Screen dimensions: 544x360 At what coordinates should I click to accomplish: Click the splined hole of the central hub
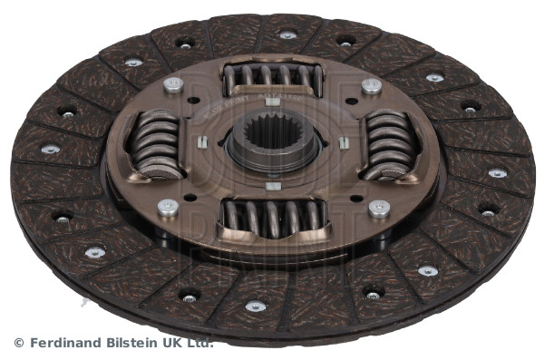(x=274, y=135)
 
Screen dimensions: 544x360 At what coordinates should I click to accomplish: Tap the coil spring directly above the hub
(x=273, y=79)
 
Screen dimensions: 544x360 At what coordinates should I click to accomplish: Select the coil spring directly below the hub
(x=274, y=218)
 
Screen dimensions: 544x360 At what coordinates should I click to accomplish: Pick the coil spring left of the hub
(x=157, y=145)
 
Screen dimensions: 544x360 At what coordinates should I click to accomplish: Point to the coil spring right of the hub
(x=389, y=145)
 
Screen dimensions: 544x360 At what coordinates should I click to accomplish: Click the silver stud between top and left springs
(x=173, y=85)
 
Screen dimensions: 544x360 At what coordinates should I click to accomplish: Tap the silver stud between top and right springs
(x=372, y=86)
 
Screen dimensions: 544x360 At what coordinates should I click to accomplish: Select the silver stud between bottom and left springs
(x=169, y=208)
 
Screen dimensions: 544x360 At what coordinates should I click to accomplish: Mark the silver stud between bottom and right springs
(x=379, y=209)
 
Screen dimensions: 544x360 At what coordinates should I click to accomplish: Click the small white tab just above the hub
(x=272, y=102)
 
